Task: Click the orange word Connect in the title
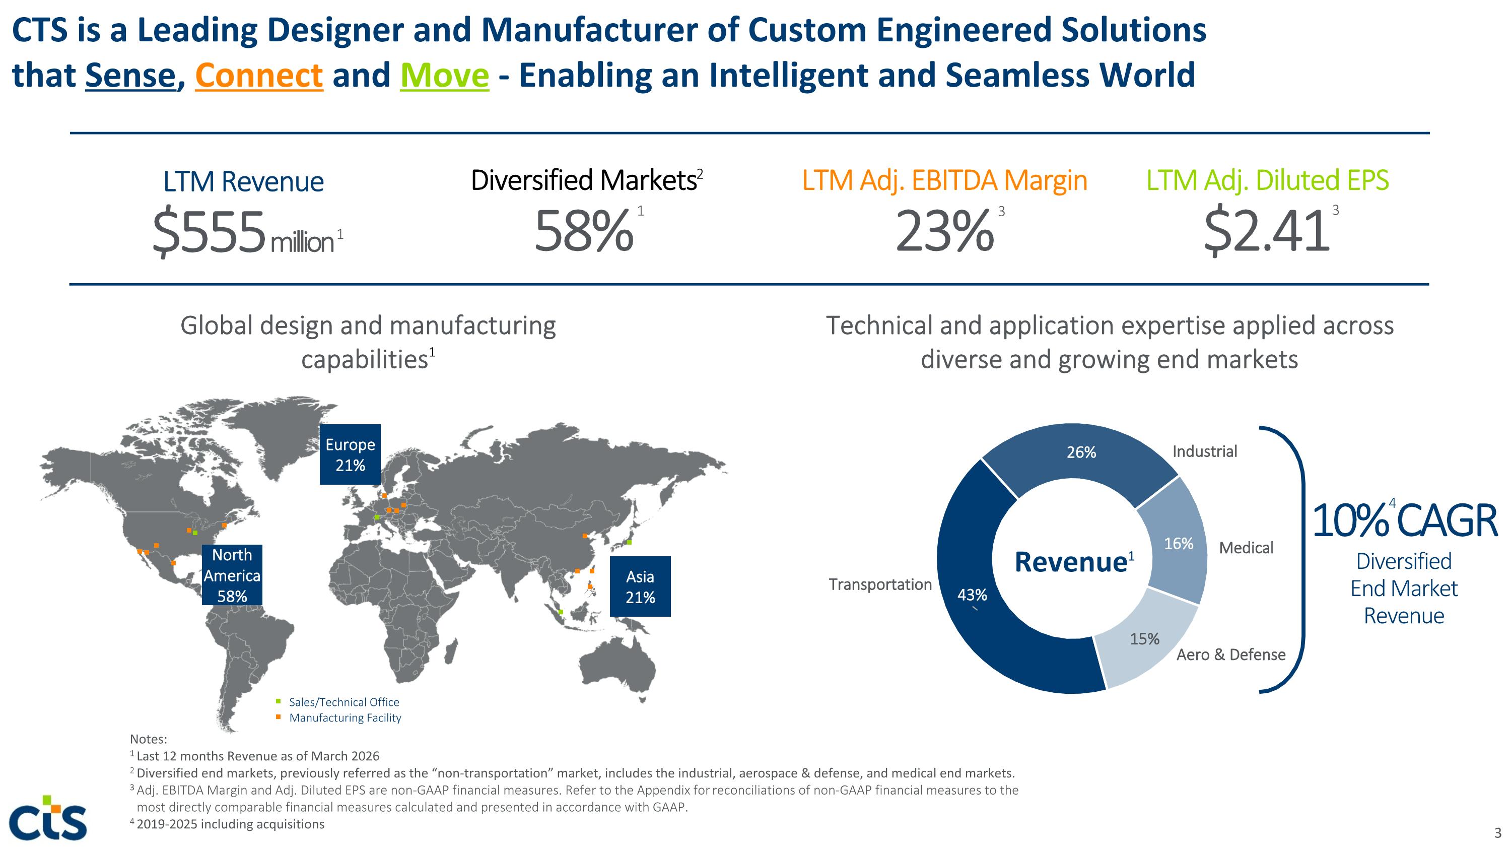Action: [x=259, y=75]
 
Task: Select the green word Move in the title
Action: [x=444, y=75]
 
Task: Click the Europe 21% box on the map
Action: [x=350, y=454]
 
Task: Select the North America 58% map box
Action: [x=232, y=575]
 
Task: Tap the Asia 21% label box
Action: [x=640, y=586]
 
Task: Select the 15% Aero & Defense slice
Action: [x=1147, y=639]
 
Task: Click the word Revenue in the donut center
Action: [x=1070, y=562]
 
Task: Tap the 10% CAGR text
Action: [x=1404, y=521]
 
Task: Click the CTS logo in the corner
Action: [x=49, y=818]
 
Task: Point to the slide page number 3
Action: [x=1497, y=832]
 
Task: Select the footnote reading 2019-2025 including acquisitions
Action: [x=227, y=824]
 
